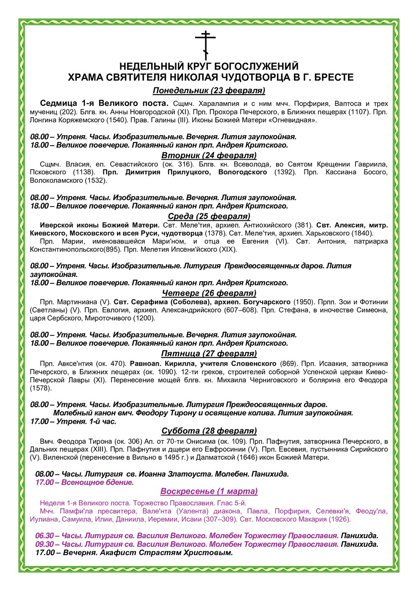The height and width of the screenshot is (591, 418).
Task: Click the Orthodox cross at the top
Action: (205, 45)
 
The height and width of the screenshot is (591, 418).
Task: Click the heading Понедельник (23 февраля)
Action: (209, 90)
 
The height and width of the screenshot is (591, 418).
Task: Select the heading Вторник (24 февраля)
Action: (209, 155)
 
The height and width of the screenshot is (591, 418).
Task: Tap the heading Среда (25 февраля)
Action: (209, 217)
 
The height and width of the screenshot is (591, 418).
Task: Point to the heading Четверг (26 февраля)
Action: (209, 293)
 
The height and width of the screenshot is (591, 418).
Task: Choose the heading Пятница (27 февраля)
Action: (209, 354)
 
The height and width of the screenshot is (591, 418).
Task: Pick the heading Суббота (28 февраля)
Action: (209, 431)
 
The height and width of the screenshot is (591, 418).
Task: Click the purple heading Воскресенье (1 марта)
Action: (209, 491)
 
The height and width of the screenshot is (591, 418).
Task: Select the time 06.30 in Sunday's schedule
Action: (44, 536)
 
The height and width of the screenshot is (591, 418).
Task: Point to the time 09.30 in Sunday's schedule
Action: (44, 544)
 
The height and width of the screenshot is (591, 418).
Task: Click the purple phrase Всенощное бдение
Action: (98, 483)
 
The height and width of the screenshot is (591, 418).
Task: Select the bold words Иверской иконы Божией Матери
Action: (99, 225)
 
